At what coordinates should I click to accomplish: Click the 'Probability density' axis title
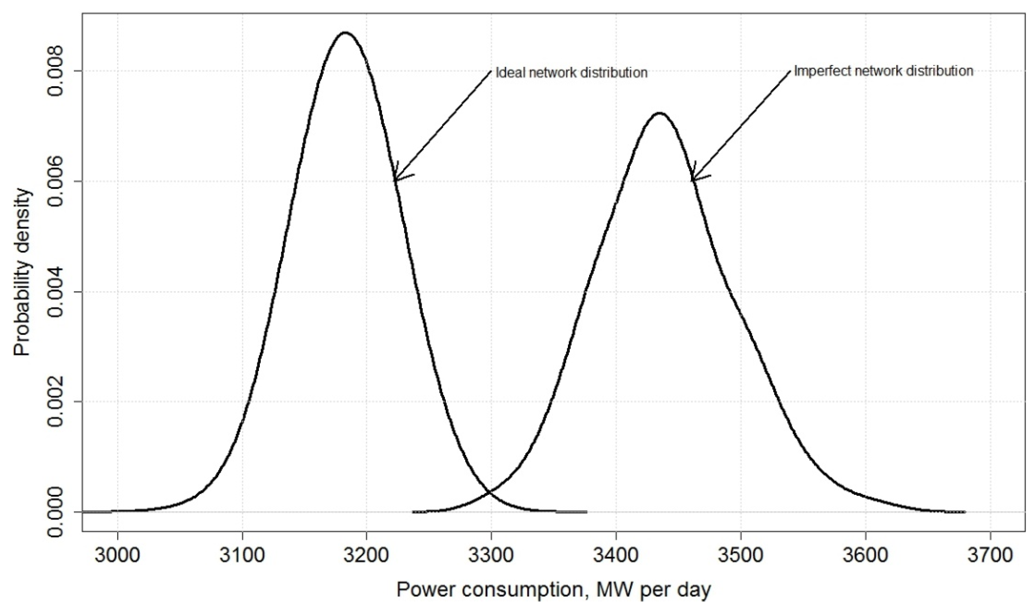click(23, 272)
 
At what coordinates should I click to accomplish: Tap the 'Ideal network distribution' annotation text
click(571, 73)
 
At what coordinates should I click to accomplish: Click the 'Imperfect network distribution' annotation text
click(883, 71)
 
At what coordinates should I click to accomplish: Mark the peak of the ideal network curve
click(345, 32)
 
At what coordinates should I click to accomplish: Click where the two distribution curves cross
click(490, 491)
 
